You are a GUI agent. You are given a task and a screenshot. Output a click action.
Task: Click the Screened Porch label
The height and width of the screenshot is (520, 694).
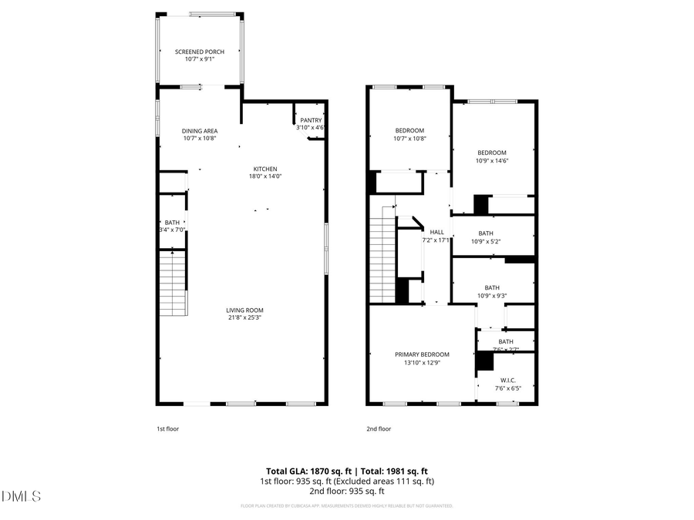(199, 52)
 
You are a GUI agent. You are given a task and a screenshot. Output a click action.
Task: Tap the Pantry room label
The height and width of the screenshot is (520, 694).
(311, 120)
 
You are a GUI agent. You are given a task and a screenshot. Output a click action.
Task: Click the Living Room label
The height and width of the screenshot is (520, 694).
(245, 310)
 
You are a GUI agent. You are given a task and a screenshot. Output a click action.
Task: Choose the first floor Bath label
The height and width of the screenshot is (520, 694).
(171, 223)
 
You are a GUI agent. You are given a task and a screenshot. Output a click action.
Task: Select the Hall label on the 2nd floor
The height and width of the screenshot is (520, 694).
(436, 232)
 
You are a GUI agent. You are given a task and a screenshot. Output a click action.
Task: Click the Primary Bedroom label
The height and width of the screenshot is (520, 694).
(422, 354)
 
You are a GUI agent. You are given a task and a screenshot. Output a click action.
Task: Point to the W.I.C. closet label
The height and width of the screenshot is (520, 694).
(507, 380)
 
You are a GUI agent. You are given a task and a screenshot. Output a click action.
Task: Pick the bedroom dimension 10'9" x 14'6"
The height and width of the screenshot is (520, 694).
(492, 160)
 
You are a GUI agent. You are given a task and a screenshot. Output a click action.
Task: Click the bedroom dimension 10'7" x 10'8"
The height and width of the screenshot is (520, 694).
(409, 139)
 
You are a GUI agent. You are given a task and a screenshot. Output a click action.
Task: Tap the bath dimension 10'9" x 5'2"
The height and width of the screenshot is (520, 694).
(492, 241)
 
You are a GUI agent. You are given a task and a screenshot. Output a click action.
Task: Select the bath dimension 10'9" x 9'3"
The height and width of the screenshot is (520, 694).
(492, 295)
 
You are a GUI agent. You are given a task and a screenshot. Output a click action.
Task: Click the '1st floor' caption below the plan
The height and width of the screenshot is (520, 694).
(167, 429)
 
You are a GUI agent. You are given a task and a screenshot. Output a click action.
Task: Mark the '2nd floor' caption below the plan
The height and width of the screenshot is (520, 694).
(379, 429)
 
